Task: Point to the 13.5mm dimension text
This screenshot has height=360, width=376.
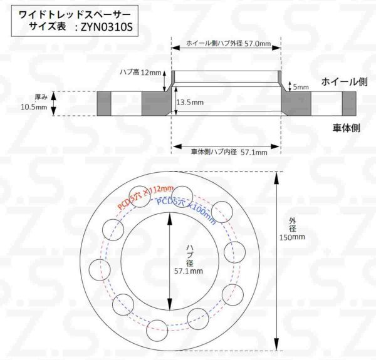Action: [190, 101]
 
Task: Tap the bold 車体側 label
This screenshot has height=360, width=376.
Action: [345, 127]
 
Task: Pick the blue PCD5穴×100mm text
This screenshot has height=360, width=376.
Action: [185, 210]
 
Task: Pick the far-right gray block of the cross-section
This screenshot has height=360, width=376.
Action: [348, 102]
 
